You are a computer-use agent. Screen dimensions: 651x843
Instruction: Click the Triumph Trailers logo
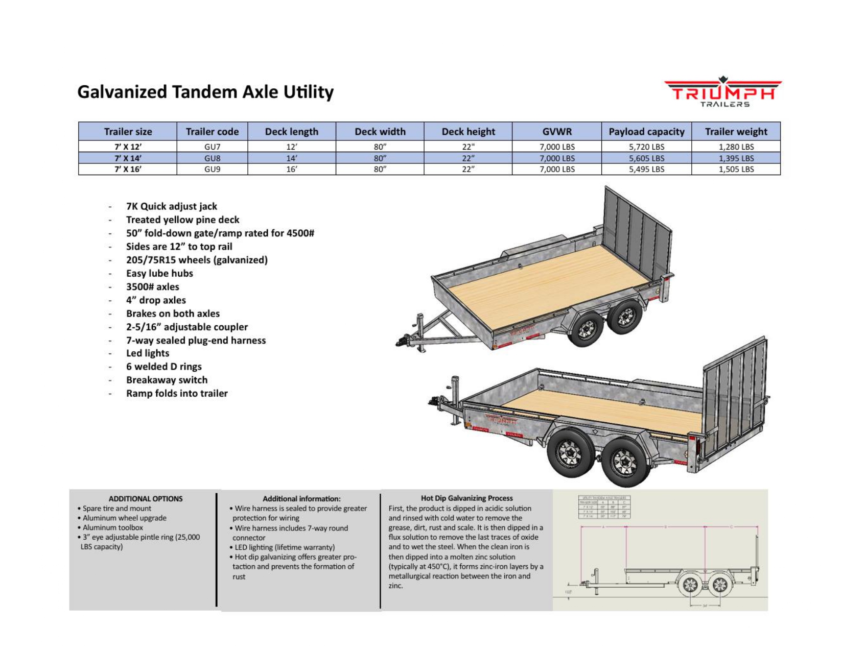pyautogui.click(x=722, y=92)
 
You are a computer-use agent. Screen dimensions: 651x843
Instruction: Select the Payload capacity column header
pyautogui.click(x=646, y=132)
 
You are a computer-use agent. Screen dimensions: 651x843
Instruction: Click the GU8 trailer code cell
pyautogui.click(x=212, y=158)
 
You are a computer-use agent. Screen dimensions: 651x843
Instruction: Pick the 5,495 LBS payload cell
pyautogui.click(x=646, y=170)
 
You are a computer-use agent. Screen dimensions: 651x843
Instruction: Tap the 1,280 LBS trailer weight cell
pyautogui.click(x=736, y=147)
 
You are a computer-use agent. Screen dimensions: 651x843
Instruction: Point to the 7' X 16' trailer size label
pyautogui.click(x=128, y=170)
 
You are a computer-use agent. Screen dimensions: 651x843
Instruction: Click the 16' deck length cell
pyautogui.click(x=291, y=170)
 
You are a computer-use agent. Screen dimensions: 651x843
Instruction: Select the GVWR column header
pyautogui.click(x=557, y=132)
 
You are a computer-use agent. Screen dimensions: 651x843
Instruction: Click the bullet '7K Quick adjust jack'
pyautogui.click(x=172, y=206)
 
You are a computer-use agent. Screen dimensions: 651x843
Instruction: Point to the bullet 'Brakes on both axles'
pyautogui.click(x=173, y=314)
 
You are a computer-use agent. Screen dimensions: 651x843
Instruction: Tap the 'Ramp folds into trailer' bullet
pyautogui.click(x=177, y=393)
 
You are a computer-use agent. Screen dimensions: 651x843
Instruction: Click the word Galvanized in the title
pyautogui.click(x=122, y=92)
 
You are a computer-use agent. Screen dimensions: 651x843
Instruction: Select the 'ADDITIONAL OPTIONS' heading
pyautogui.click(x=146, y=499)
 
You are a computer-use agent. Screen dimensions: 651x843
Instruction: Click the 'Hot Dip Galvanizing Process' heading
pyautogui.click(x=466, y=498)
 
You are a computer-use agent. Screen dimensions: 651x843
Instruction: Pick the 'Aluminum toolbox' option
pyautogui.click(x=113, y=527)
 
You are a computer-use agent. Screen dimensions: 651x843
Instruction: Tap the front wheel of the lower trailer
pyautogui.click(x=570, y=452)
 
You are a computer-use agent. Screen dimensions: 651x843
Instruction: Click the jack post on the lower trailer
pyautogui.click(x=455, y=398)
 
